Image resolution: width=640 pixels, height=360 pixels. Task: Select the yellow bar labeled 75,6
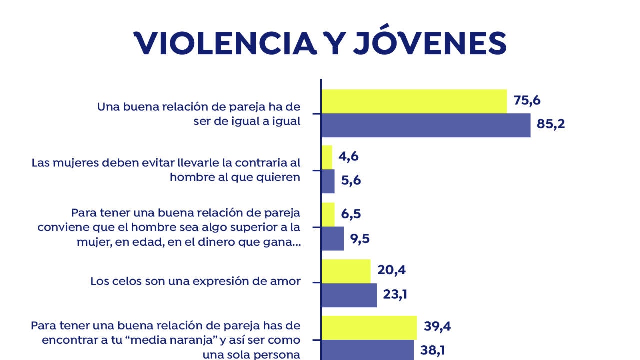pyautogui.click(x=414, y=101)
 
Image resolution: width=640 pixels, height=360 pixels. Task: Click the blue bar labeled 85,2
pyautogui.click(x=426, y=125)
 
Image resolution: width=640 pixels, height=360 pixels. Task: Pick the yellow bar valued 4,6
pyautogui.click(x=327, y=157)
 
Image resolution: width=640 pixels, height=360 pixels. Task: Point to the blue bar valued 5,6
pyautogui.click(x=328, y=181)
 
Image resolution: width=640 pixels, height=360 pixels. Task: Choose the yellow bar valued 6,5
pyautogui.click(x=328, y=214)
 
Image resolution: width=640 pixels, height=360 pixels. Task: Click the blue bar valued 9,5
pyautogui.click(x=332, y=238)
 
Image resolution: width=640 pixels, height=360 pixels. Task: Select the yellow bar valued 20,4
pyautogui.click(x=346, y=271)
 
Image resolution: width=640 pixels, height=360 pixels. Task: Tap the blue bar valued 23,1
pyautogui.click(x=349, y=295)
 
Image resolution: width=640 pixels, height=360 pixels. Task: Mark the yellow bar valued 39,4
pyautogui.click(x=369, y=328)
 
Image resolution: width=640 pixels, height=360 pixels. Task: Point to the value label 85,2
pyautogui.click(x=551, y=124)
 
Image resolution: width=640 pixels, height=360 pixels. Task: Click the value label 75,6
pyautogui.click(x=527, y=100)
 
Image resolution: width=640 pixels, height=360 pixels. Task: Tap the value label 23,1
pyautogui.click(x=395, y=295)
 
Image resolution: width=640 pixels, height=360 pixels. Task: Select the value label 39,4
pyautogui.click(x=438, y=327)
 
